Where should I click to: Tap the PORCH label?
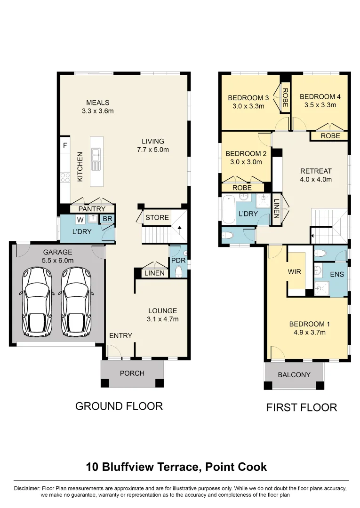[x=132, y=373]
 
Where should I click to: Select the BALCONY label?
[x=294, y=375]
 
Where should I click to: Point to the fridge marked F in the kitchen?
[x=65, y=146]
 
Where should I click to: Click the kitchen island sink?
[x=97, y=152]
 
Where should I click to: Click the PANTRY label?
[x=91, y=208]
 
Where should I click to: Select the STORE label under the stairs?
[x=157, y=217]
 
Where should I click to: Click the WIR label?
[x=294, y=272]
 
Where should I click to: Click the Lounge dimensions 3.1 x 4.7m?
[x=163, y=319]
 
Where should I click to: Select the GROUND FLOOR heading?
[x=119, y=406]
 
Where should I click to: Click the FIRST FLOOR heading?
[x=302, y=407]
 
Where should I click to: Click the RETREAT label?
[x=316, y=171]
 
